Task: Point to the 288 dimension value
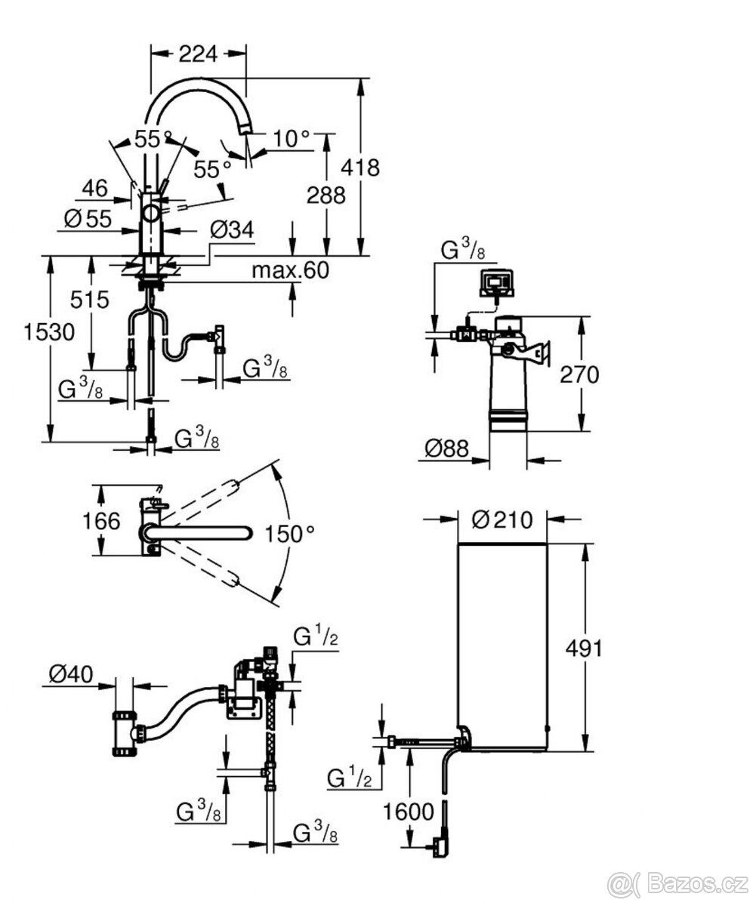point(326,195)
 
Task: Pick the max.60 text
point(290,270)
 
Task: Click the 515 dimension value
point(90,299)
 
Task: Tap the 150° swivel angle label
point(289,533)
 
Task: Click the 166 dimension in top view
point(102,521)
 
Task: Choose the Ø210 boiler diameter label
point(501,519)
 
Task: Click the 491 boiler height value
point(583,648)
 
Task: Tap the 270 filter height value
point(579,374)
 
